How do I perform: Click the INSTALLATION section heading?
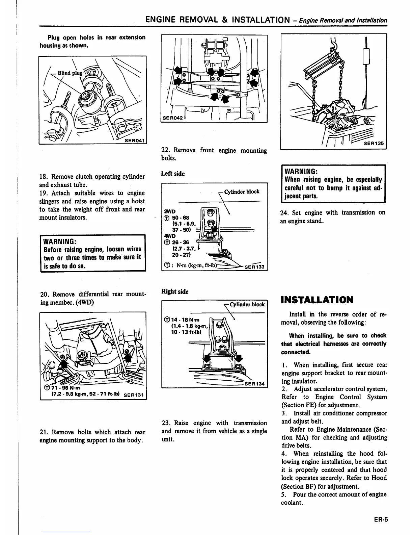pyautogui.click(x=317, y=300)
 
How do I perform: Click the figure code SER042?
pyautogui.click(x=172, y=118)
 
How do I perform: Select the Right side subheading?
pyautogui.click(x=175, y=291)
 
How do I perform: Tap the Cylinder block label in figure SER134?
pyautogui.click(x=247, y=304)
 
